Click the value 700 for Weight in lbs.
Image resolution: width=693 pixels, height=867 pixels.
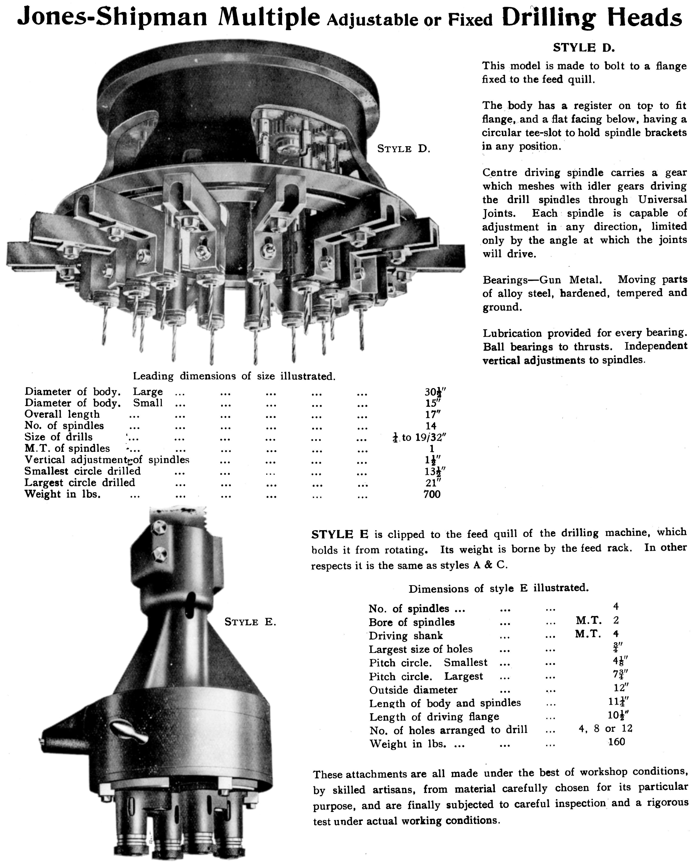432,494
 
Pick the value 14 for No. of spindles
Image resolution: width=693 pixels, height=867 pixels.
431,425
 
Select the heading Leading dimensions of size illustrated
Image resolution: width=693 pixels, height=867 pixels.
234,376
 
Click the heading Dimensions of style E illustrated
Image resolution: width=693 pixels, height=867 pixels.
498,589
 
